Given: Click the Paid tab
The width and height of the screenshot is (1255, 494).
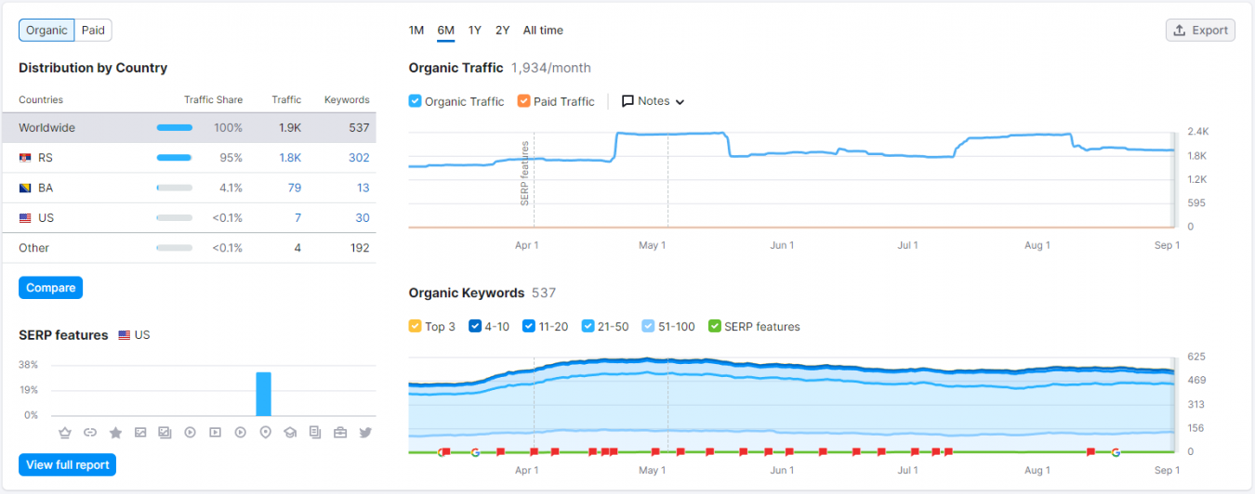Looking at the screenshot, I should pos(93,31).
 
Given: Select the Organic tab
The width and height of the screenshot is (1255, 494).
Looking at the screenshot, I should pos(46,31).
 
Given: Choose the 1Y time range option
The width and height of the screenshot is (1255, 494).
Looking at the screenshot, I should pos(475,31).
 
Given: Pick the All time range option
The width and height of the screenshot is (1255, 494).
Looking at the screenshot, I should pos(543,31).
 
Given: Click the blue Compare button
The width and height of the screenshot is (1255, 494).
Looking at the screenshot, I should pos(50,288).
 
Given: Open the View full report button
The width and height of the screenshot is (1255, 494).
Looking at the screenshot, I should pos(67,464).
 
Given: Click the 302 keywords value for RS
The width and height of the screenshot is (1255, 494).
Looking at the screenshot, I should pos(359,158).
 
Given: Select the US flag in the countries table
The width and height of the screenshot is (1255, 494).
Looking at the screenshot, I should pos(25,218).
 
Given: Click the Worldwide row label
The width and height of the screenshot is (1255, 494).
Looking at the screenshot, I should pos(46,128).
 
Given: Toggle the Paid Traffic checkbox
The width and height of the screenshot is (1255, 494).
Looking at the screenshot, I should pos(524,101).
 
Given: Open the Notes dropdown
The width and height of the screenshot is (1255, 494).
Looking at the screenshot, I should pos(654,101).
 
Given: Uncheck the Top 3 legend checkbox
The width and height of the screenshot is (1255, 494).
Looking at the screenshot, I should pos(416,327).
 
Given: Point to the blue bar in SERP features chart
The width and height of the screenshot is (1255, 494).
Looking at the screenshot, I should pos(264,394).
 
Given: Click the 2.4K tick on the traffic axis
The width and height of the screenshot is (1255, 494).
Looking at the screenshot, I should pos(1197,132).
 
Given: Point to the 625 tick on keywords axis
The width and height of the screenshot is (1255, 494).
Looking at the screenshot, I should pos(1196,357).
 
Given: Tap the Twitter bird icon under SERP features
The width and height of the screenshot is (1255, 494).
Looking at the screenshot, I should pos(365,433).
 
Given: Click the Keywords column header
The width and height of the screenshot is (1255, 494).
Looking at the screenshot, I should pos(347,100).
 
